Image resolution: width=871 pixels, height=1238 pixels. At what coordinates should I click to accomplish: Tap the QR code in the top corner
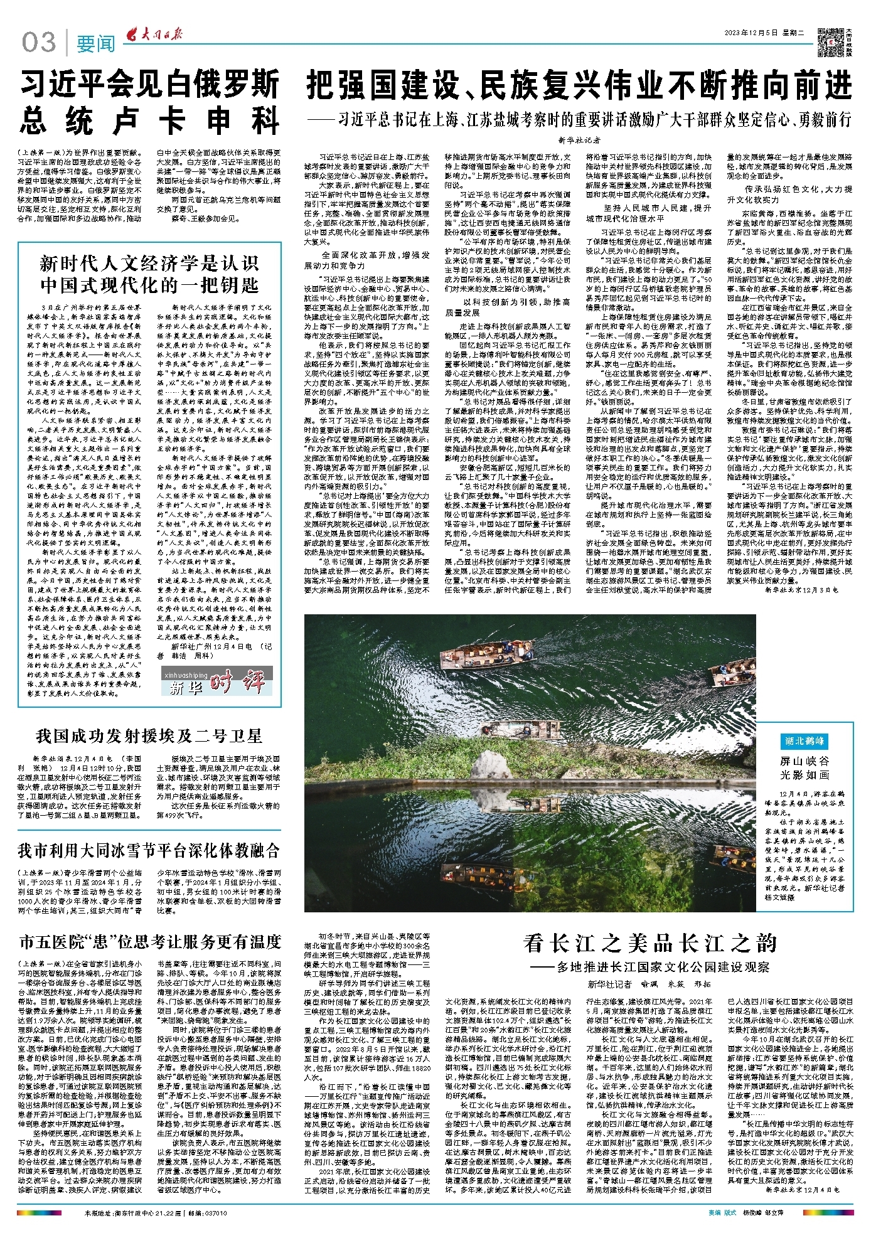(831, 40)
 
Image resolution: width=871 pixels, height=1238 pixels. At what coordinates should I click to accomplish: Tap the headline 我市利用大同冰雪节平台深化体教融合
(149, 850)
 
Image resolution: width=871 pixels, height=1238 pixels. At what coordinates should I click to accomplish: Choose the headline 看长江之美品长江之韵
(650, 943)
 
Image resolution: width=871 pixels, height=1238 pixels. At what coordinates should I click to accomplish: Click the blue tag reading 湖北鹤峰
(804, 741)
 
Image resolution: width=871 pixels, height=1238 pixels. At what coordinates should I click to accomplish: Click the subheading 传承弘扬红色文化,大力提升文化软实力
(789, 194)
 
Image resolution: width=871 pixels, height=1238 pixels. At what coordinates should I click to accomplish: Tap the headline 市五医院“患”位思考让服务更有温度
(149, 942)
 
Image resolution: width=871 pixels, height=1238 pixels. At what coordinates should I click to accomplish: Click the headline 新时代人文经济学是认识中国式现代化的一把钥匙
(149, 274)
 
